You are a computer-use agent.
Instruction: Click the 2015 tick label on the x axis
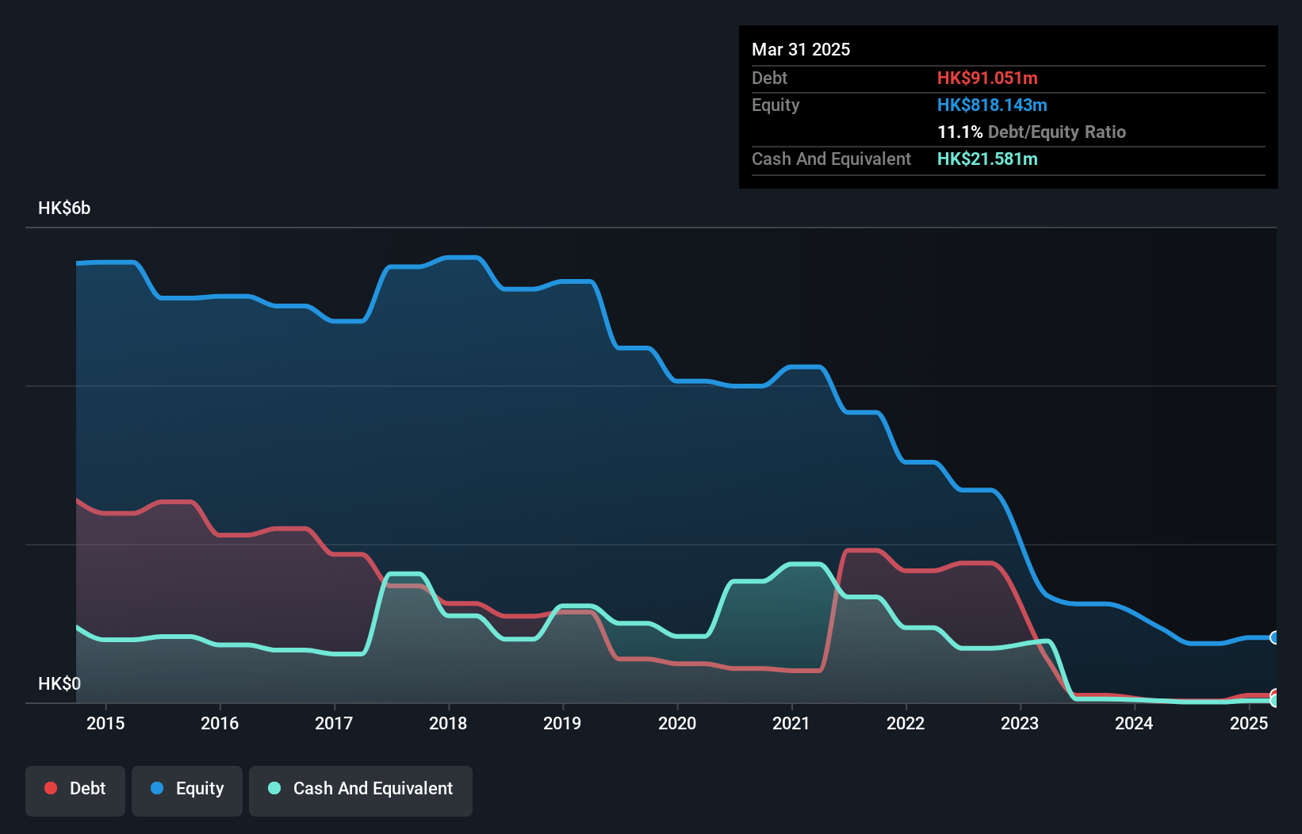coord(105,723)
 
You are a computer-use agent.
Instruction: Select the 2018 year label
coord(448,723)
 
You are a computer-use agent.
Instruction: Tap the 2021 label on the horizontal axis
coord(791,723)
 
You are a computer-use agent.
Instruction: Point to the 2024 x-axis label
coord(1134,723)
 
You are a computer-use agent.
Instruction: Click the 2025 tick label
coord(1248,723)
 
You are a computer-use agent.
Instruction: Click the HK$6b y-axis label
coord(64,208)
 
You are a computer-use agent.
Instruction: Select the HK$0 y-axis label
coord(59,683)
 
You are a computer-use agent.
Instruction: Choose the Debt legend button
coord(75,789)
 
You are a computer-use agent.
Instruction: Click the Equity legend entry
coord(187,789)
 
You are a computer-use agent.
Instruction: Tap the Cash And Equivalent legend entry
coord(361,789)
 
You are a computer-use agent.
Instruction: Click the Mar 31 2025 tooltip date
coord(801,49)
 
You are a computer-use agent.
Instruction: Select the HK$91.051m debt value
coord(987,78)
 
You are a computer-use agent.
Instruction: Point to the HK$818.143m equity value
coord(992,105)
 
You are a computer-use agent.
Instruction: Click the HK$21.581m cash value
coord(987,159)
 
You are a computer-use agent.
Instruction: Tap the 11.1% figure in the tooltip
coord(959,132)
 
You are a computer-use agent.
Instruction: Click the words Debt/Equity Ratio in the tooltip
coord(1057,132)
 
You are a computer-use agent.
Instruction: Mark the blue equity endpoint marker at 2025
coord(1274,637)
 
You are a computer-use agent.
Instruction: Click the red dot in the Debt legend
coord(51,788)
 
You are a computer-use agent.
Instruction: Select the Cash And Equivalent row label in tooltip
coord(831,159)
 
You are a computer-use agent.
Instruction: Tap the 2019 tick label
coord(562,723)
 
